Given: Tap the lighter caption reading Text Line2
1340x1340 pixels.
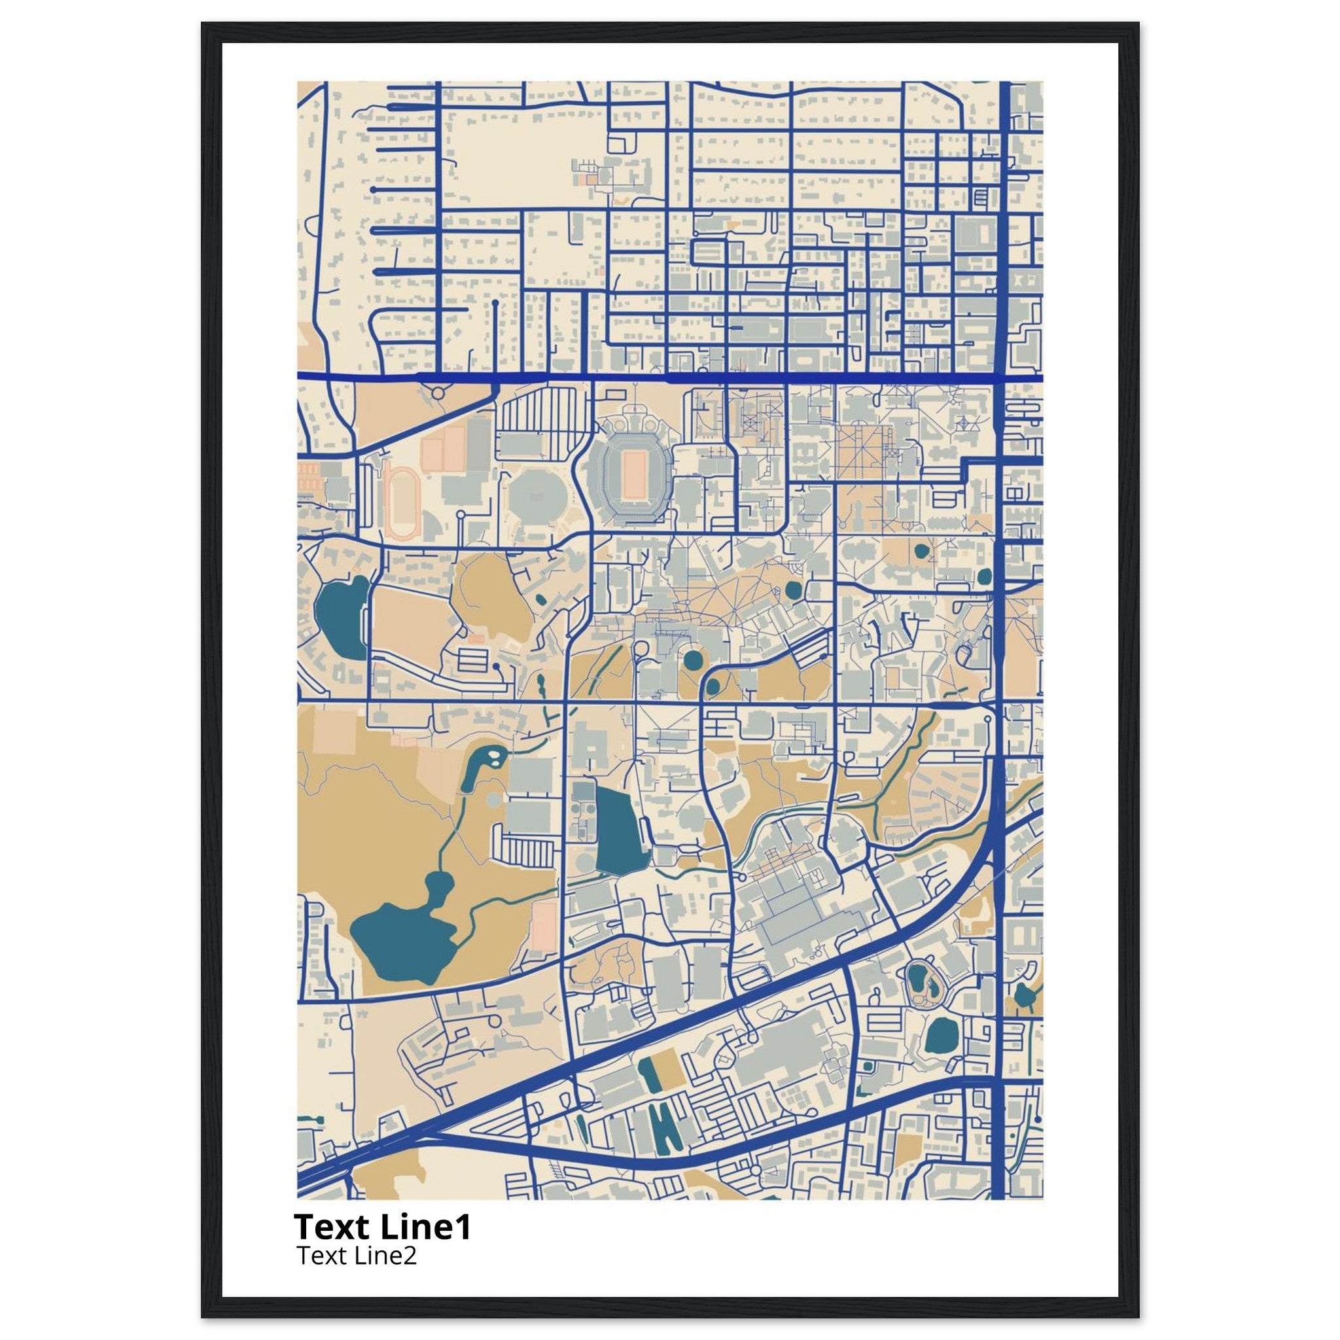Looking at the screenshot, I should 357,1256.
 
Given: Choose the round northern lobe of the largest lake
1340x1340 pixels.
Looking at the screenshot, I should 438,885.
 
